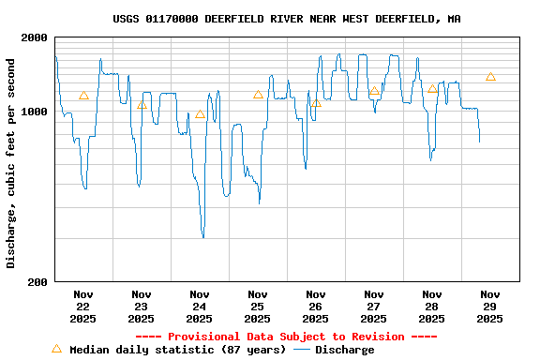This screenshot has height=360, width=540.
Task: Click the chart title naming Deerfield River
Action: [286, 19]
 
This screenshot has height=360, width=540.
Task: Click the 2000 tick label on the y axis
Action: [34, 37]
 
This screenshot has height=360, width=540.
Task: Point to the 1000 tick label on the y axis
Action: [34, 112]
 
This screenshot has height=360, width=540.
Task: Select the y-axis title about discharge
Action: [11, 163]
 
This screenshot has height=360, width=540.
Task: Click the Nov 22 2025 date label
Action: [82, 306]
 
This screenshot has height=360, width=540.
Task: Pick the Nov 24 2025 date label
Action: [199, 306]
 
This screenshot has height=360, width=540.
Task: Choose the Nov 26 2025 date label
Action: [315, 306]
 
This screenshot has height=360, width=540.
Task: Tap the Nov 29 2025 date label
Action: [489, 306]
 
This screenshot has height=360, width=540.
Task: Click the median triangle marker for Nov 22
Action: [83, 96]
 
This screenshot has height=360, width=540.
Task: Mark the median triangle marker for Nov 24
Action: [200, 114]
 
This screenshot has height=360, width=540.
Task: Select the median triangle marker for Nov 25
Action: [258, 95]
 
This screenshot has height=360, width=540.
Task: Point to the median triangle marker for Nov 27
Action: [374, 91]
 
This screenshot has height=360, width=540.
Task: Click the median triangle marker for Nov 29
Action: [490, 77]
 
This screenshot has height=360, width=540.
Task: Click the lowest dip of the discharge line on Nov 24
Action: [202, 237]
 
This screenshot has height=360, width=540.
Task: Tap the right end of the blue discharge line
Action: [479, 142]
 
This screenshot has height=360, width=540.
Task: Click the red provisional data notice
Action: [286, 337]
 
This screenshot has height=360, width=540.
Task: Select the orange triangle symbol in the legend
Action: [56, 349]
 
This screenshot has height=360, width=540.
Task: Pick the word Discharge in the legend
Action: [344, 350]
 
